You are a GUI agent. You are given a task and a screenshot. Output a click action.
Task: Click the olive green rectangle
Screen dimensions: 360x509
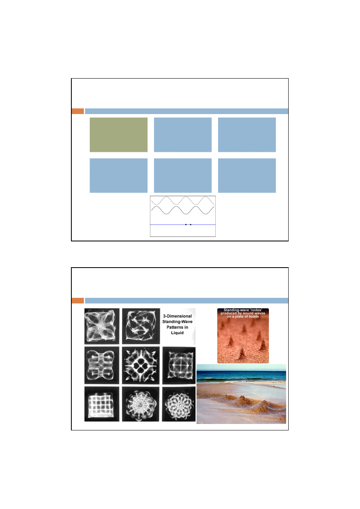[x=119, y=135]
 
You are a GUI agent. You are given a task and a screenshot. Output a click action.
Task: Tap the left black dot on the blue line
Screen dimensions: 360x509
[x=186, y=224]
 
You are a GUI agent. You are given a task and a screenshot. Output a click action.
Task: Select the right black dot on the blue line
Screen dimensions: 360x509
[x=191, y=224]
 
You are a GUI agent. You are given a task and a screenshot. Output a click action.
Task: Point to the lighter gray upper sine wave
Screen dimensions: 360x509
[x=183, y=201]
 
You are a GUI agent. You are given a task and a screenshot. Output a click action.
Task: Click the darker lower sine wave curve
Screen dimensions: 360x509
[x=183, y=210]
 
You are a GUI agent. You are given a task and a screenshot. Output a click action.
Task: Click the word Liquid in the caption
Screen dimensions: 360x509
[x=177, y=332]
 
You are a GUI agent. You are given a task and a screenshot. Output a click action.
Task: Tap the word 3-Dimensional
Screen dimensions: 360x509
[x=177, y=316]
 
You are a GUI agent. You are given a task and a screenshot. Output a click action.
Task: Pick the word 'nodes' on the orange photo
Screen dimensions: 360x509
[x=256, y=310]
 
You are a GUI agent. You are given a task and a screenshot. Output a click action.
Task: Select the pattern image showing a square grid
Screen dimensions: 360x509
[x=102, y=404]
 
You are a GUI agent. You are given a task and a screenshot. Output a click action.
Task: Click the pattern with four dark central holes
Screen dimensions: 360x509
[x=141, y=366]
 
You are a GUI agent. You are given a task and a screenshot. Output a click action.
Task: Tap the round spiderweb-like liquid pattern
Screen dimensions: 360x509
[x=141, y=404]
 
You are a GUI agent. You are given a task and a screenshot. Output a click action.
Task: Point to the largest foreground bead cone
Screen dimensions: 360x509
[x=242, y=353]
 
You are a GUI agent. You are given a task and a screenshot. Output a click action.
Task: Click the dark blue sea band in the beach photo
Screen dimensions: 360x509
[x=241, y=375]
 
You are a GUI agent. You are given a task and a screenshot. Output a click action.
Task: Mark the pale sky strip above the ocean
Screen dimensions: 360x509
[x=241, y=368]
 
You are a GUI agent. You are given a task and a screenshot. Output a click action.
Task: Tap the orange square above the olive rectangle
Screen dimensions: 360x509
[x=78, y=111]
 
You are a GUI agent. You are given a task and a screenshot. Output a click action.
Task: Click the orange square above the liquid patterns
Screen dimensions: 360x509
[x=78, y=301]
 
